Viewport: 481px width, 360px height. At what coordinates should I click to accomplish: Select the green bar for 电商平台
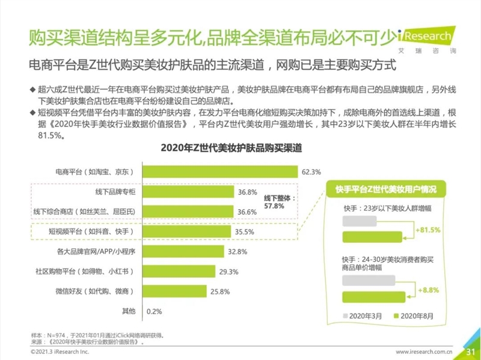[219, 172]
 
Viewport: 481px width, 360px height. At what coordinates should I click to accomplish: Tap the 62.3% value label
[311, 172]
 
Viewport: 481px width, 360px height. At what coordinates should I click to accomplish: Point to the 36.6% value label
[248, 212]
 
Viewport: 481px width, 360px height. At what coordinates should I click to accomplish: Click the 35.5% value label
[245, 231]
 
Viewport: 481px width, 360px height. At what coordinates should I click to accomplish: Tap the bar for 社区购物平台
[177, 271]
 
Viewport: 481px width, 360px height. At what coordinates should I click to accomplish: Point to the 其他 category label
[128, 311]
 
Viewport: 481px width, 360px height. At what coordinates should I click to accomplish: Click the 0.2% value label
[155, 311]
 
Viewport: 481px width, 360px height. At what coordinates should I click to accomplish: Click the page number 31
[471, 351]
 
